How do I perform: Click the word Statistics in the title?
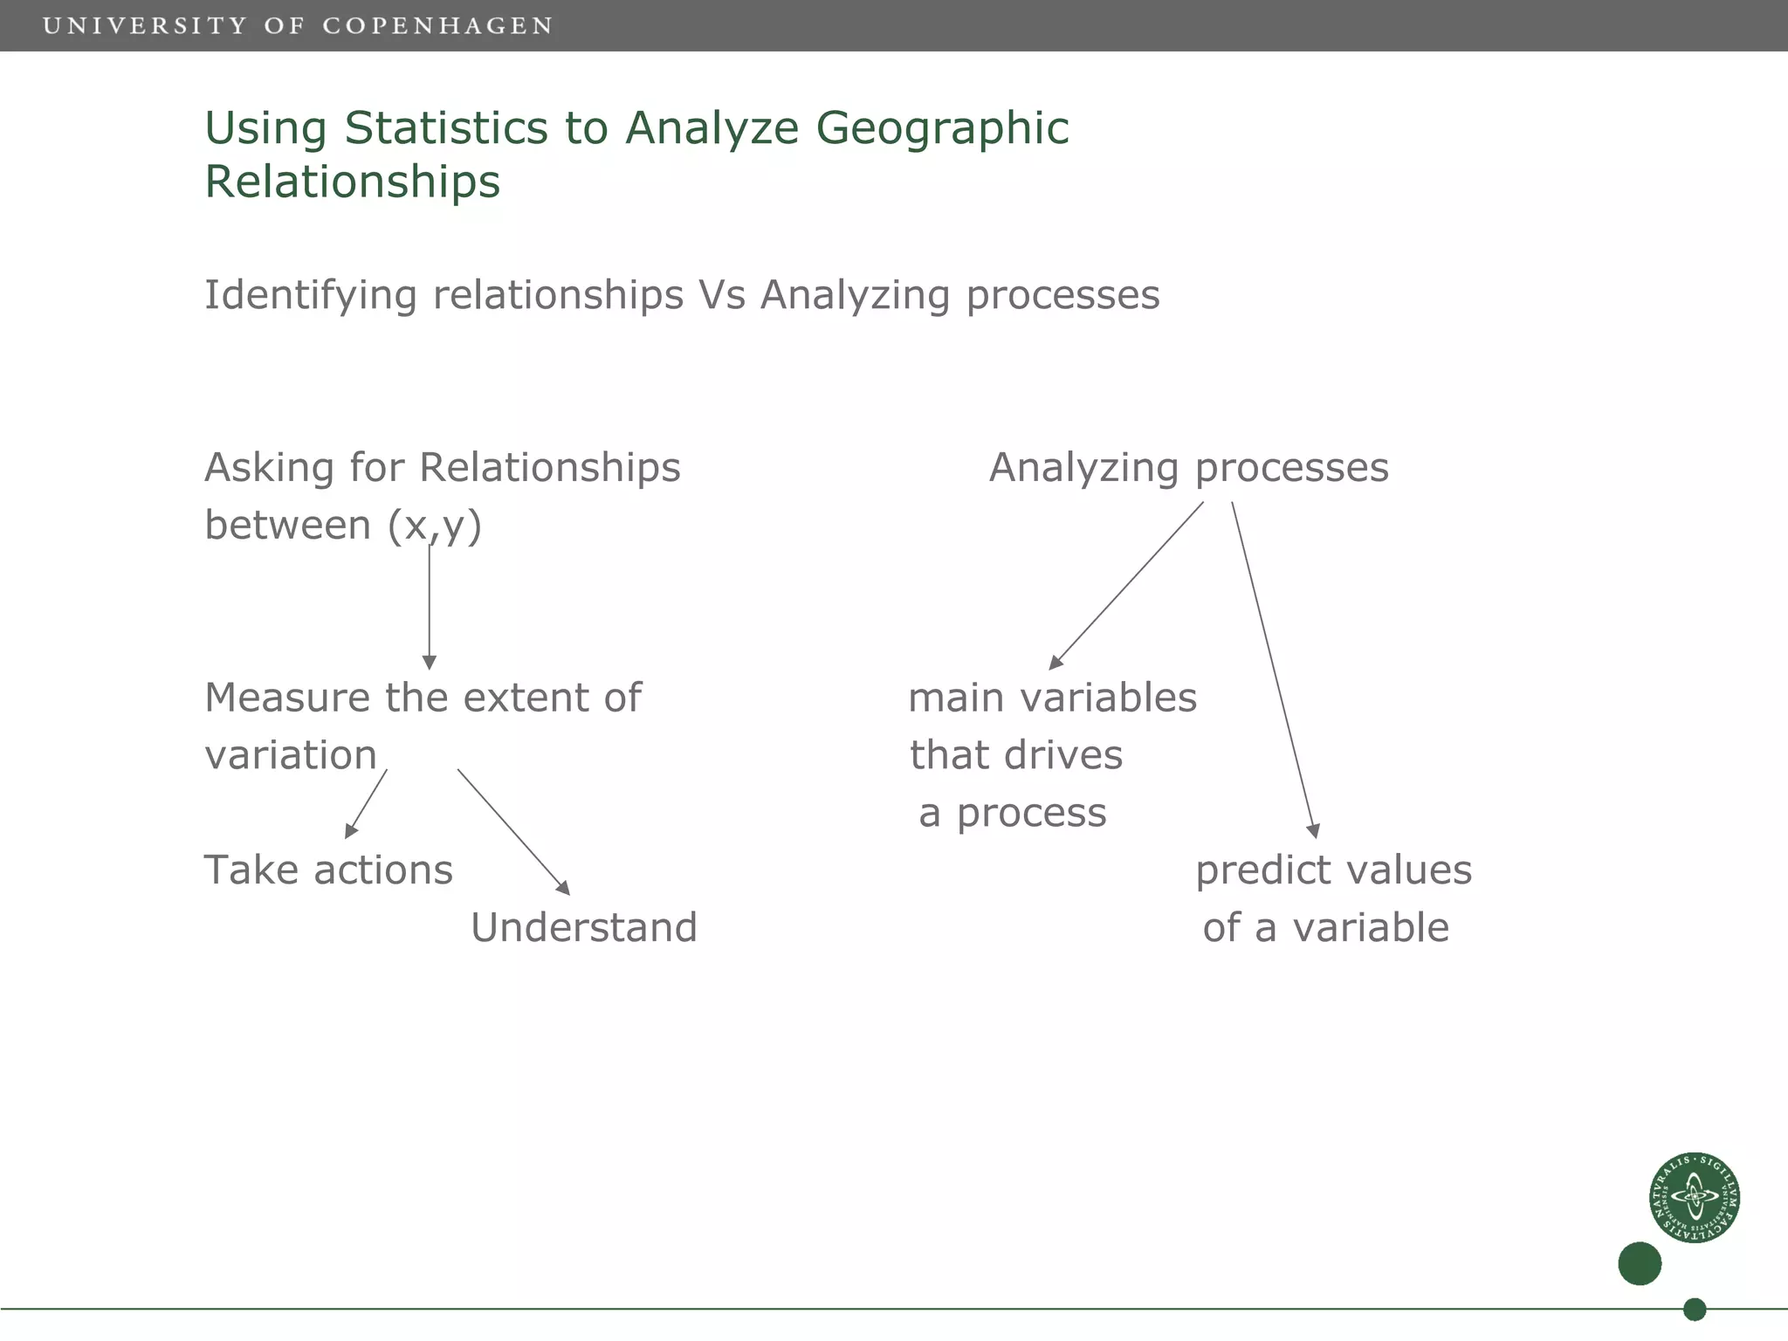(446, 128)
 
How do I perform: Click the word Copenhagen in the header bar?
(437, 26)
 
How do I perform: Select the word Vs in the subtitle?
(721, 295)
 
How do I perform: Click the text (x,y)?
(435, 526)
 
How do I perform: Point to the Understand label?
(584, 927)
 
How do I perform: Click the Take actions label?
(328, 870)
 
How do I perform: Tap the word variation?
(291, 755)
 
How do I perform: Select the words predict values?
(1333, 870)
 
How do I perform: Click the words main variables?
(1052, 698)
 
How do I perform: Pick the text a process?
(1013, 813)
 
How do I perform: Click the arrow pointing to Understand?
(513, 832)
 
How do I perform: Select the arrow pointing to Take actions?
(366, 804)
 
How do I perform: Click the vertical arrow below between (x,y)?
(429, 607)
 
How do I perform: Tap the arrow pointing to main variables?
(1126, 586)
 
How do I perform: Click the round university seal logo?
(1694, 1197)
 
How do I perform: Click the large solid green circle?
(1639, 1263)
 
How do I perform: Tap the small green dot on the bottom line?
(1694, 1309)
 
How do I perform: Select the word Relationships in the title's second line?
(353, 182)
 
